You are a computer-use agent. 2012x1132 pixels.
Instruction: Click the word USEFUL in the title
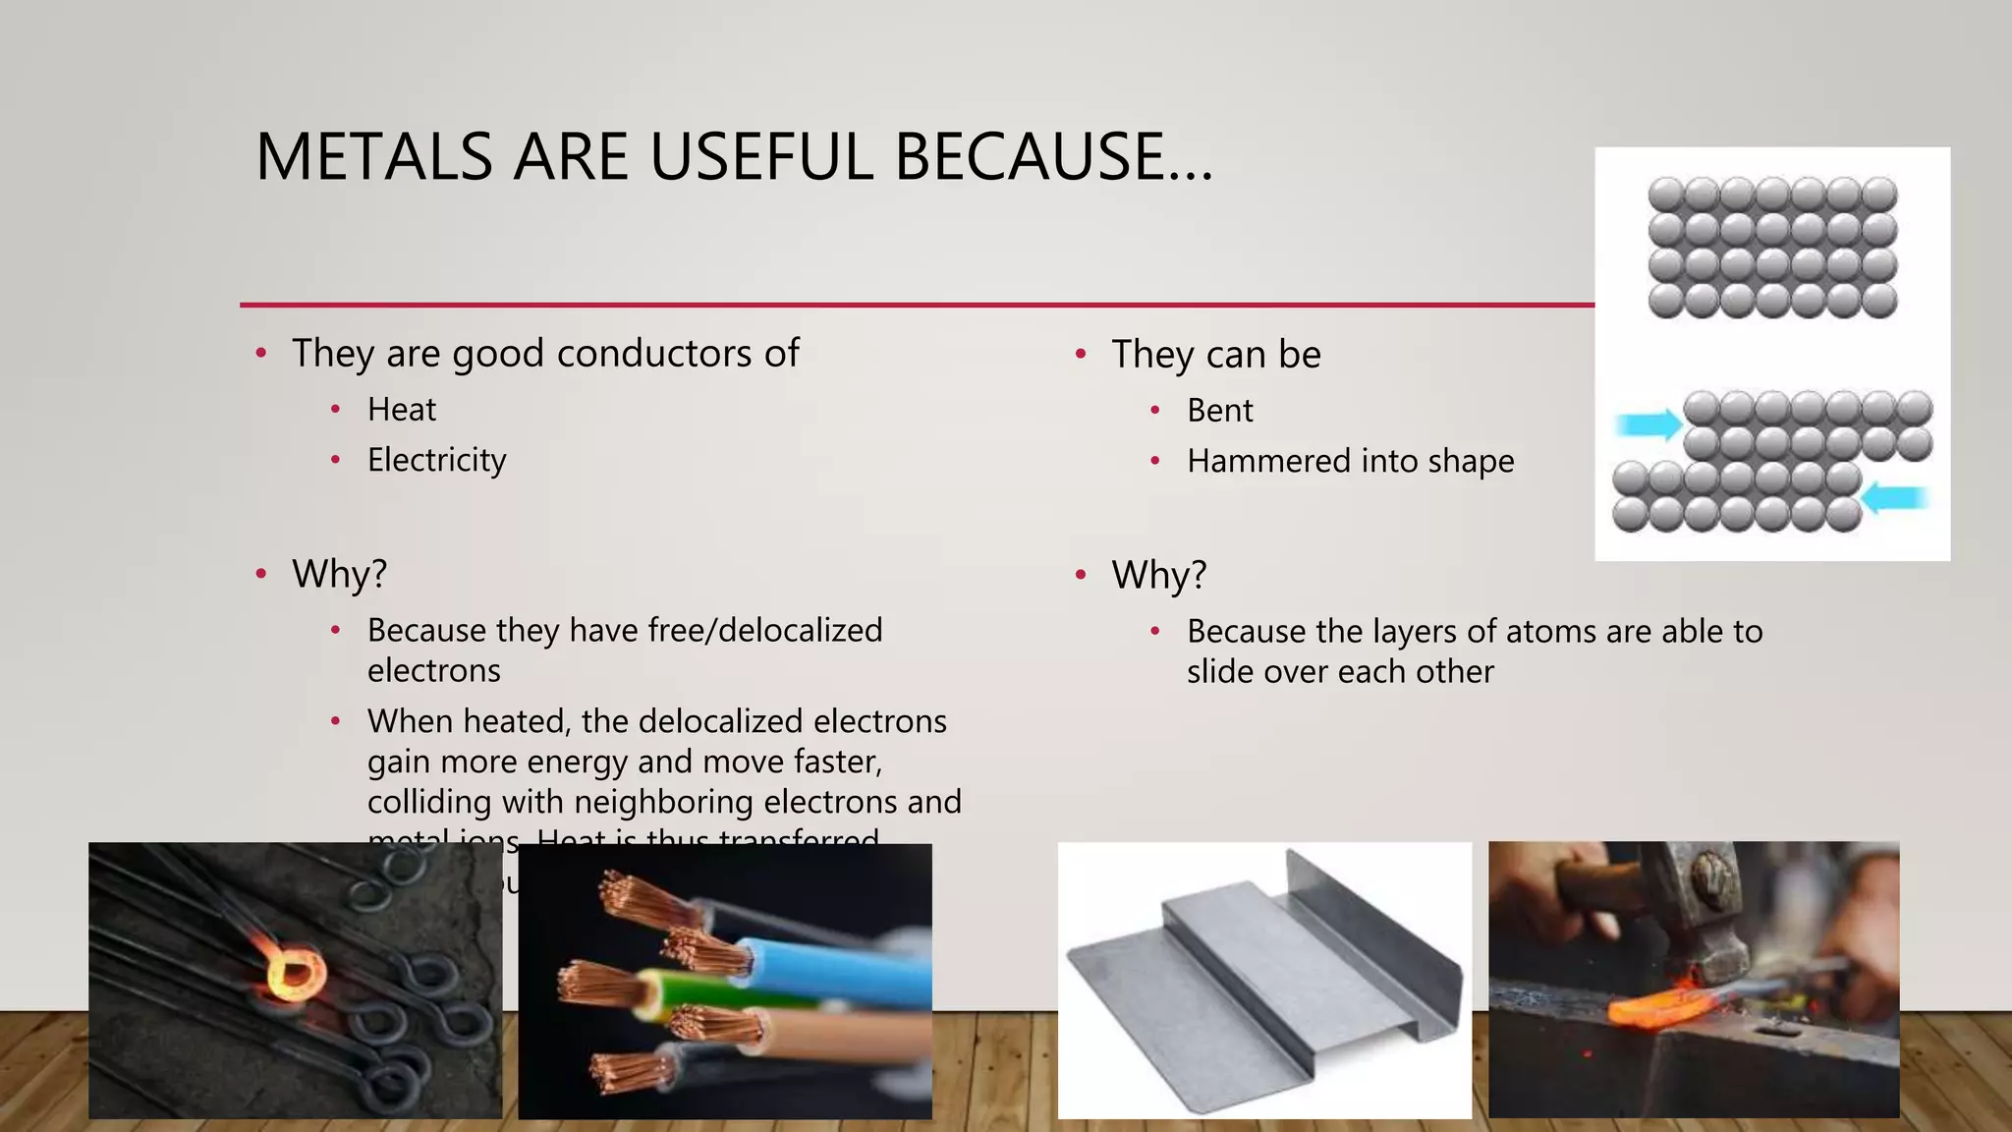coord(760,157)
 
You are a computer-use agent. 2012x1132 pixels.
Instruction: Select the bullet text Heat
coord(401,410)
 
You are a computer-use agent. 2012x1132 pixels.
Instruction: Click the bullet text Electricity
coord(436,460)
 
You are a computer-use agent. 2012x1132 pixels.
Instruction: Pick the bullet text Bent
coord(1219,411)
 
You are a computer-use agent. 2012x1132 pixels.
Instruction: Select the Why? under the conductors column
coord(339,574)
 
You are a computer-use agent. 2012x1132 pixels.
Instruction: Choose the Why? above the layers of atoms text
coord(1158,575)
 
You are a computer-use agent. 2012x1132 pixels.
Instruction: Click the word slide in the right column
coord(1221,672)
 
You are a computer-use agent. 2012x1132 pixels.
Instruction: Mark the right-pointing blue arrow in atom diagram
coord(1649,424)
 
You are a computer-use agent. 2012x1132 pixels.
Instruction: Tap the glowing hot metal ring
coord(294,974)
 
